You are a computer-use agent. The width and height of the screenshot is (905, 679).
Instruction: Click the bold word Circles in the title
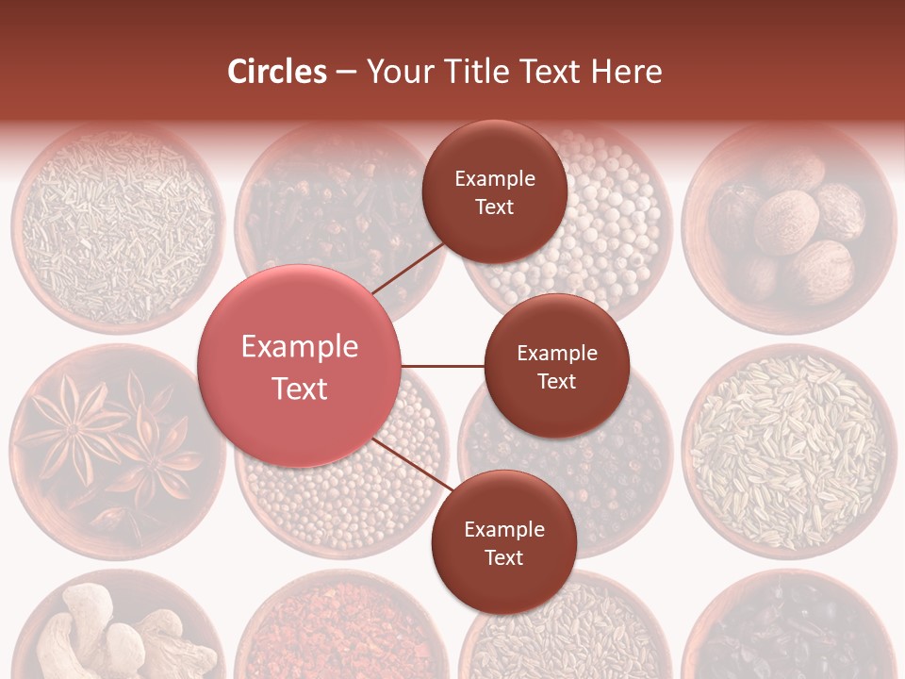pyautogui.click(x=276, y=72)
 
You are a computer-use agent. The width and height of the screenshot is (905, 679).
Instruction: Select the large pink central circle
pyautogui.click(x=300, y=366)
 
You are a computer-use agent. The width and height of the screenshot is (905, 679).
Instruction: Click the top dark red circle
pyautogui.click(x=494, y=191)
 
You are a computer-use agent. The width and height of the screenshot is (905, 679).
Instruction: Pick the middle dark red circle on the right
pyautogui.click(x=556, y=366)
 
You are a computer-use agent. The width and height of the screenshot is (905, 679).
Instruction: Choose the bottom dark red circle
pyautogui.click(x=503, y=542)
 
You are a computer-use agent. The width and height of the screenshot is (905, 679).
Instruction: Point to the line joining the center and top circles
pyautogui.click(x=409, y=267)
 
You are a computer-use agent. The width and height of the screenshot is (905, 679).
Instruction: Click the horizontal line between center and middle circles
pyautogui.click(x=443, y=366)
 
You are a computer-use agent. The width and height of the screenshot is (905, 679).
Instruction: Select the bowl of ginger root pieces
pyautogui.click(x=113, y=632)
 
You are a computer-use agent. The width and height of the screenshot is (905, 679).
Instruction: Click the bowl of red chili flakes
pyautogui.click(x=339, y=632)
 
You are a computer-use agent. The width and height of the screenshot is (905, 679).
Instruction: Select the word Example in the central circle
pyautogui.click(x=300, y=347)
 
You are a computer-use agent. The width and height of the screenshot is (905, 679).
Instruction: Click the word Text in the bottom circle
pyautogui.click(x=503, y=557)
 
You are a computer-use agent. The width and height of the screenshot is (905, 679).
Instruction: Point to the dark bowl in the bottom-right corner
pyautogui.click(x=792, y=632)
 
